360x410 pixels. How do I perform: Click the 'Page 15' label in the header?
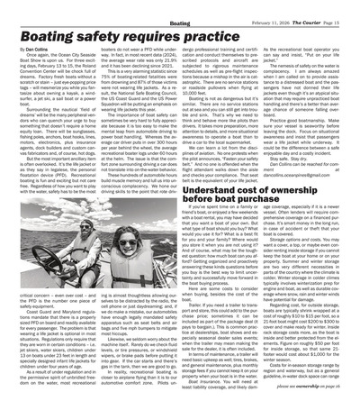tap(343, 8)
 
